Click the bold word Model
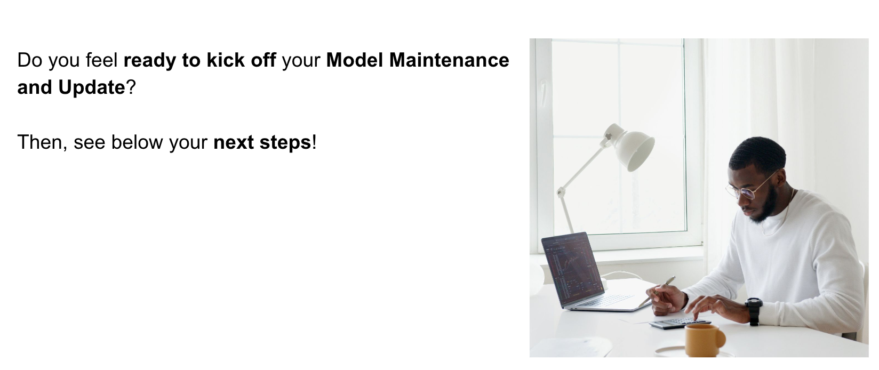pos(355,60)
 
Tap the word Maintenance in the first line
pos(449,60)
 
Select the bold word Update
pos(92,87)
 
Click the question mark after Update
pos(131,87)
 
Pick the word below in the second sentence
pos(137,142)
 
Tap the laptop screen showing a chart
pos(572,269)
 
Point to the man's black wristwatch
pos(754,311)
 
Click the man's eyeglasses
pos(748,188)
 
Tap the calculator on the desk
pos(680,323)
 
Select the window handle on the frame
pos(543,93)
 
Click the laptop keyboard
pos(604,301)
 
